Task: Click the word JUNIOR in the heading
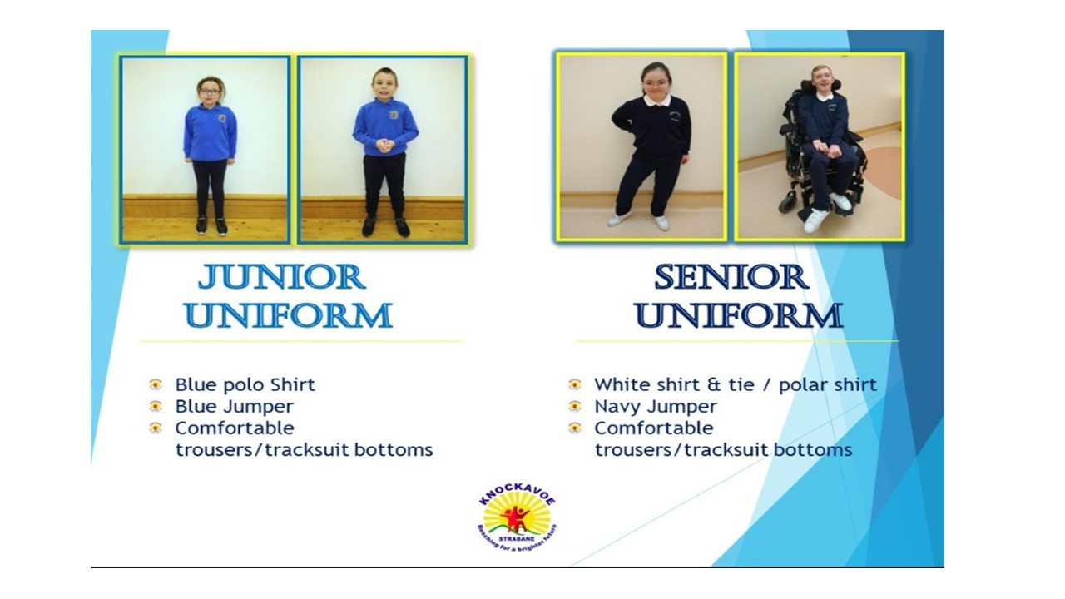coord(281,277)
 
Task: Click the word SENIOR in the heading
coord(731,277)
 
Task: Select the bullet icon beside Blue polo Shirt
coord(156,384)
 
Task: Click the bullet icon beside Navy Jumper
coord(575,407)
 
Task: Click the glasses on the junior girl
coord(210,92)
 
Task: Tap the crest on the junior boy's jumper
coord(394,115)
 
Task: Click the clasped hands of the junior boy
coord(384,146)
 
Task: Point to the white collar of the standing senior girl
coord(657,101)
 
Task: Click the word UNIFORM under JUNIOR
coord(289,315)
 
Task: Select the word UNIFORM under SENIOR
coord(739,315)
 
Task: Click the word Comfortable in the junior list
coord(235,428)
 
